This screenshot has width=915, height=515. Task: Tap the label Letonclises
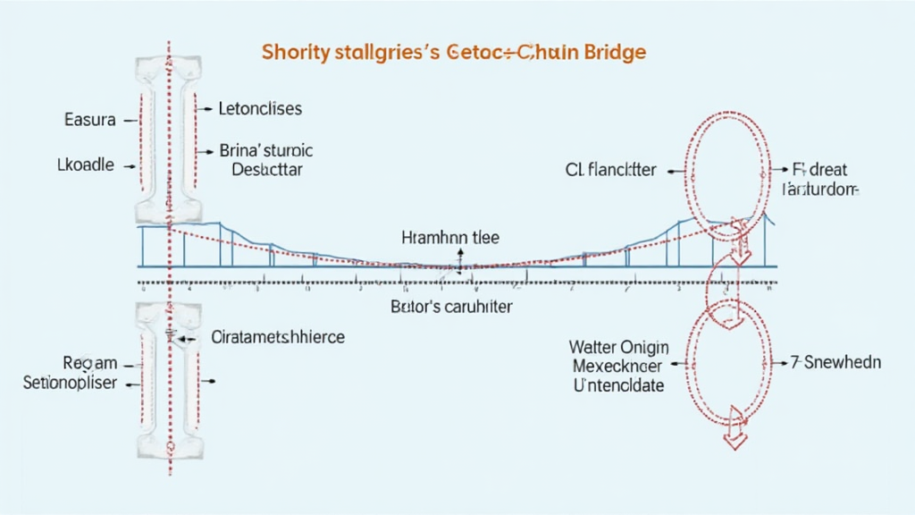pyautogui.click(x=261, y=109)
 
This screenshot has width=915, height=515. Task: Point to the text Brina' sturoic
pyautogui.click(x=266, y=151)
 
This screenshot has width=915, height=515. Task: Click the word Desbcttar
pyautogui.click(x=267, y=169)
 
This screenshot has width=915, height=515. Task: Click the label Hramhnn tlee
pyautogui.click(x=450, y=238)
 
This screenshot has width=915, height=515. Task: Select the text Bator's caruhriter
pyautogui.click(x=451, y=306)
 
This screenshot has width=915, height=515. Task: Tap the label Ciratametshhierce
pyautogui.click(x=278, y=338)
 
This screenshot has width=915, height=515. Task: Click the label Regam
pyautogui.click(x=89, y=365)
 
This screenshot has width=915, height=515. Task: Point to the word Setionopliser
pyautogui.click(x=70, y=383)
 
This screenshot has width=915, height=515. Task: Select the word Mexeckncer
pyautogui.click(x=619, y=366)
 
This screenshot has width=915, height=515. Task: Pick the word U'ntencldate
pyautogui.click(x=619, y=385)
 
